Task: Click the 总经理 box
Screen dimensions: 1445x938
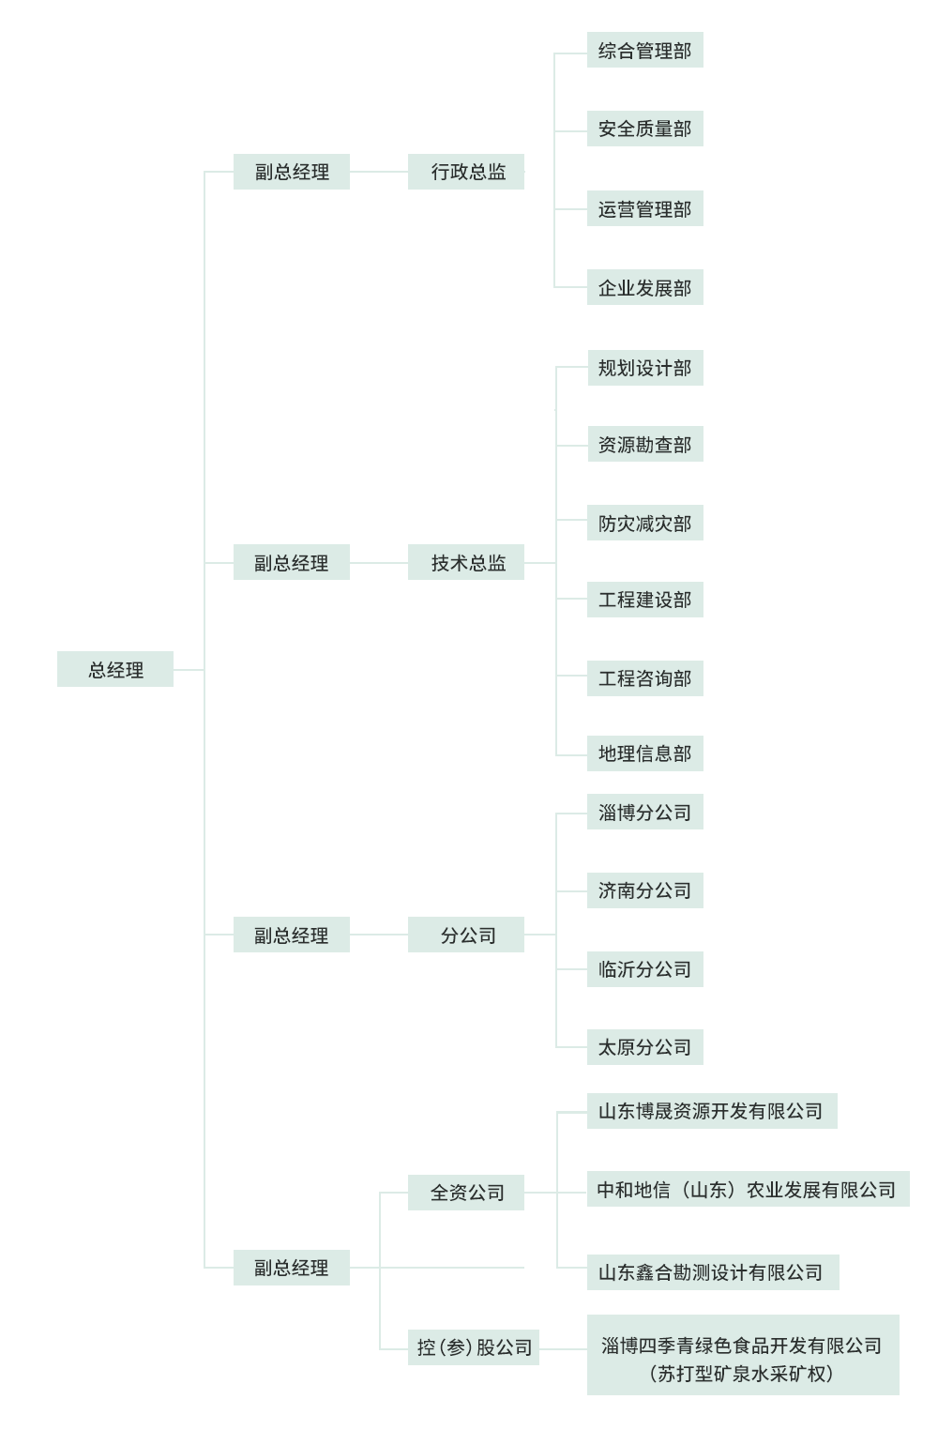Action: click(115, 669)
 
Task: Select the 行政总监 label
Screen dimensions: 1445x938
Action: click(468, 172)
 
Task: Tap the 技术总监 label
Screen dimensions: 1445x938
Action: click(468, 563)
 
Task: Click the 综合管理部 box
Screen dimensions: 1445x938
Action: click(644, 51)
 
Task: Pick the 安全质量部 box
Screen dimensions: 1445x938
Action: click(644, 129)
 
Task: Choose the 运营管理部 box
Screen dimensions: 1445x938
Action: click(644, 209)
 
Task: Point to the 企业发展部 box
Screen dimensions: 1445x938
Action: click(644, 288)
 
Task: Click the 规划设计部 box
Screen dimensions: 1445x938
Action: click(644, 368)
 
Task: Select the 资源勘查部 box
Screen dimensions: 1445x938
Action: click(644, 445)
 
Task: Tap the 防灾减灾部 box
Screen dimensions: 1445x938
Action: click(644, 524)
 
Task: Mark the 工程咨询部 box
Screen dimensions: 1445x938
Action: click(644, 678)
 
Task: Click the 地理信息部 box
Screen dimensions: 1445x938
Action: click(644, 753)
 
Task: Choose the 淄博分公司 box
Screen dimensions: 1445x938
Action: click(644, 813)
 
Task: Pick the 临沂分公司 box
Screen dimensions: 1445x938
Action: click(644, 969)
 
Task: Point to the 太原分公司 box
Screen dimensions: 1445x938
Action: click(644, 1047)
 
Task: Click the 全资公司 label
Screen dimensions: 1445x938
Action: click(467, 1193)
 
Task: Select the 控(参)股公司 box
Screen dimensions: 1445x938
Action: click(474, 1347)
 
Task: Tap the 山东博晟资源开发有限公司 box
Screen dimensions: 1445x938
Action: click(711, 1111)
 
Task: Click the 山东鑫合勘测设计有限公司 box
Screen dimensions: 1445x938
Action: click(712, 1272)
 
